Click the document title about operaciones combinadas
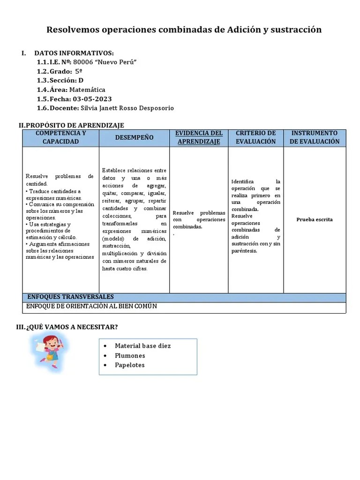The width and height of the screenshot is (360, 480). click(x=184, y=30)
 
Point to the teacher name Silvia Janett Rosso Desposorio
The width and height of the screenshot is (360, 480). click(x=127, y=108)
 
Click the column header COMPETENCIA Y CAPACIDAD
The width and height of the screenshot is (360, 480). click(x=61, y=137)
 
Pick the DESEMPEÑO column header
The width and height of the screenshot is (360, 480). click(x=134, y=137)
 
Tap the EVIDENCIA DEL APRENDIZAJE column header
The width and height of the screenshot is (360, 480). click(x=199, y=137)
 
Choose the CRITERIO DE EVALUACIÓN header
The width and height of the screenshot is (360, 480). click(x=255, y=137)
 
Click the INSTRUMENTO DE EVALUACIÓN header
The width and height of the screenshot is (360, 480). click(x=315, y=137)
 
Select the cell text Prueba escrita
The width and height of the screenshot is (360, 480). click(x=315, y=219)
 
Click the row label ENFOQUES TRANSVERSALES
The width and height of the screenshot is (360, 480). click(x=70, y=297)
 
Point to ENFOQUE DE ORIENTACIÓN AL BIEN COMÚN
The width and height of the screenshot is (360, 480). click(x=91, y=307)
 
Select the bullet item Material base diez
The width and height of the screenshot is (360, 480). click(x=142, y=346)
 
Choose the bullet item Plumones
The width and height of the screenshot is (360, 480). click(x=130, y=356)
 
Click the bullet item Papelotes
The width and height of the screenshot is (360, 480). click(x=130, y=365)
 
